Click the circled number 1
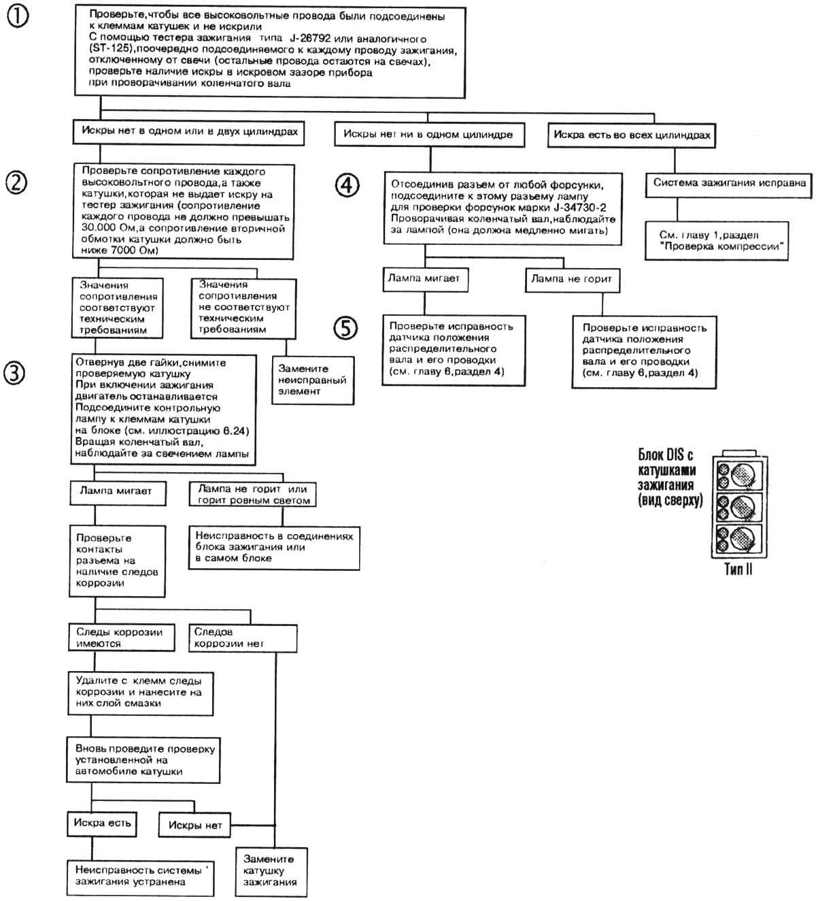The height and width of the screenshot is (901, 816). point(18,18)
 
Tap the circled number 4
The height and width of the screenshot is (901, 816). point(347,185)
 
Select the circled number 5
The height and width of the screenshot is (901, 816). point(345,328)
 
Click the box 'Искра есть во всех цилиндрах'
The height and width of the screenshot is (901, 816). point(632,135)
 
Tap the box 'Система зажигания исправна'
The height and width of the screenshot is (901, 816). point(730,183)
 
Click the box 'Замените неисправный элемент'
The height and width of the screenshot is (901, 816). point(312,380)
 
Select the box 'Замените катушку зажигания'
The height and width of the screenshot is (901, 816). point(269,870)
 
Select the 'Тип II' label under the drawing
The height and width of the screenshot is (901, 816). point(738,569)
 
